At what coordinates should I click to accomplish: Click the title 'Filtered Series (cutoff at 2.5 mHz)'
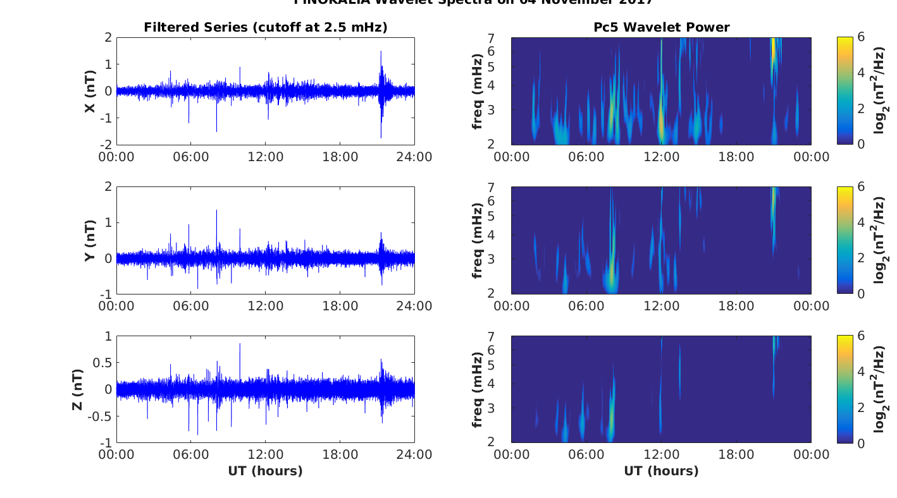[266, 27]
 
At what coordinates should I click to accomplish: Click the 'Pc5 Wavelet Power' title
[661, 27]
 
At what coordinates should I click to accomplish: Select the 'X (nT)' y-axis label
[90, 91]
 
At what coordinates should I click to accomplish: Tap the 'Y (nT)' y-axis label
[90, 240]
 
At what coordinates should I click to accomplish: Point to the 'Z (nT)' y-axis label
[77, 389]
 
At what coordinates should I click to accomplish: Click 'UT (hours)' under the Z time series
[266, 471]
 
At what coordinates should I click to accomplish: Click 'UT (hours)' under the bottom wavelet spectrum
[661, 471]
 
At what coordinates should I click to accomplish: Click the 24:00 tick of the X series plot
[414, 157]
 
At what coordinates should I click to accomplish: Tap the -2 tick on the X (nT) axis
[107, 145]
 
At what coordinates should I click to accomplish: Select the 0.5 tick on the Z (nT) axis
[101, 363]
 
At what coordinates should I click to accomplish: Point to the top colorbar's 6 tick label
[862, 38]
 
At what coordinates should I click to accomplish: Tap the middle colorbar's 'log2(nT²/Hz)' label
[880, 240]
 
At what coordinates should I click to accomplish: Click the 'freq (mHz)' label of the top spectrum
[478, 91]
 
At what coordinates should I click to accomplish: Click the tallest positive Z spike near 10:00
[240, 345]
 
